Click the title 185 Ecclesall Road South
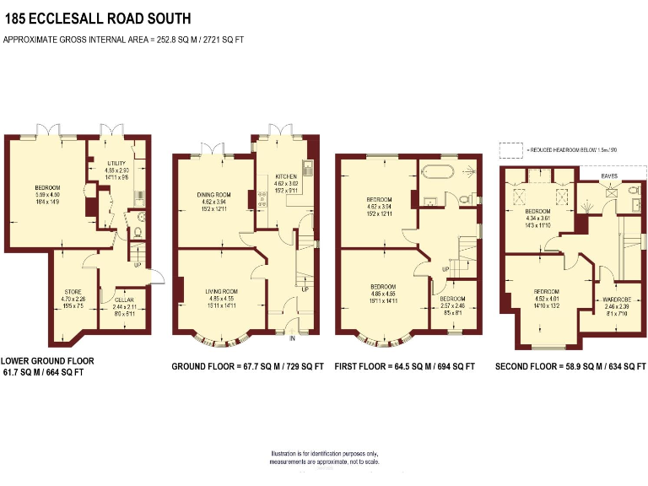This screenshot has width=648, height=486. (x=97, y=18)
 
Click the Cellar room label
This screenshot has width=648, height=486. (x=112, y=302)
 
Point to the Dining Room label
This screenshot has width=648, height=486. (x=210, y=202)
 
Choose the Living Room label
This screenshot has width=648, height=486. (x=221, y=296)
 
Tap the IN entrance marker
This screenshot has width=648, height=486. (x=292, y=339)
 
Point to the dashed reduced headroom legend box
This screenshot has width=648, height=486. (x=510, y=150)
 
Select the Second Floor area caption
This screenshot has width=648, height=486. (x=570, y=367)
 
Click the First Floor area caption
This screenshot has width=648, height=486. (x=404, y=367)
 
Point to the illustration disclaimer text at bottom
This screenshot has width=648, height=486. (x=324, y=458)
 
